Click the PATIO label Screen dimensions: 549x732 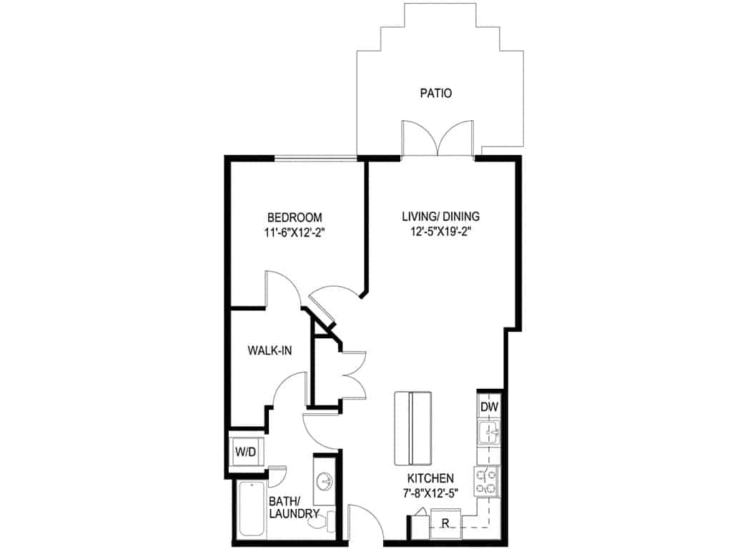(x=436, y=93)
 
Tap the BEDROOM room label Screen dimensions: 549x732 (x=295, y=217)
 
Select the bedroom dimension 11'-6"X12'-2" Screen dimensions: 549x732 (x=295, y=232)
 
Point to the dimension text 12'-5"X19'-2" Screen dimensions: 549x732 (x=440, y=232)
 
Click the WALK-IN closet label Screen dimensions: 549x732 (x=269, y=350)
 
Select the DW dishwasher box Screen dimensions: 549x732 (x=489, y=407)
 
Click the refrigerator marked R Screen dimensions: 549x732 (x=445, y=523)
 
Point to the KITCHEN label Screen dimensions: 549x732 (x=430, y=478)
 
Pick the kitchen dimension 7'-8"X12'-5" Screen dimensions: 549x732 (x=430, y=493)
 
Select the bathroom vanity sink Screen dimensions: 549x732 (x=325, y=480)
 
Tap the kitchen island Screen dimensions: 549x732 (x=412, y=427)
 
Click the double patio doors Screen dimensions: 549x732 (x=437, y=139)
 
